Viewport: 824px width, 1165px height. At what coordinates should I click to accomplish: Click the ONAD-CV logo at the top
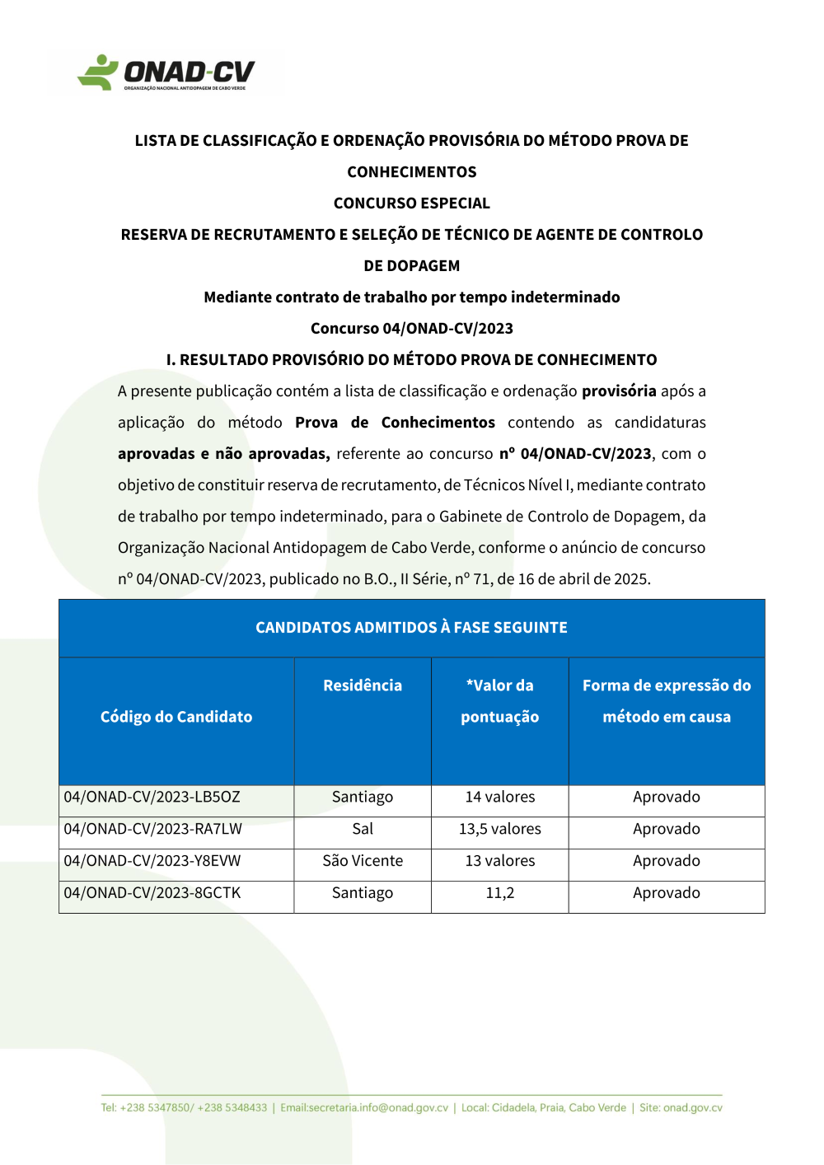166,73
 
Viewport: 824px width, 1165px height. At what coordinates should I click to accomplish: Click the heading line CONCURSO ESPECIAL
411,204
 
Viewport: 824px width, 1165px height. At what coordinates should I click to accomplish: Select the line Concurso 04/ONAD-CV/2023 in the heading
411,329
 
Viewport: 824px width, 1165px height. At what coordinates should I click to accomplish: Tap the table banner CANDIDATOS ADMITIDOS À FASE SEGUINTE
411,628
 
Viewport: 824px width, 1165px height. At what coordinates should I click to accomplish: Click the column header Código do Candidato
176,717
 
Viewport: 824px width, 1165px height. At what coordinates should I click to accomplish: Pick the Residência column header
363,685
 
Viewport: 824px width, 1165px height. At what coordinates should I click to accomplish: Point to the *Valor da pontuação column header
499,701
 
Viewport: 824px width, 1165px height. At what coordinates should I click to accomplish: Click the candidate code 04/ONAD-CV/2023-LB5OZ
152,798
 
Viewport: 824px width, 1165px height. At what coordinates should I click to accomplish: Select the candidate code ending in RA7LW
153,830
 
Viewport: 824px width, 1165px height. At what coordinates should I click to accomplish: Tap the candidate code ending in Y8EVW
152,861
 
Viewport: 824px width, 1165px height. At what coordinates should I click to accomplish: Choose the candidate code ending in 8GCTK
152,893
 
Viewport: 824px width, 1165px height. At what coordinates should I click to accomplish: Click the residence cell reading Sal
363,830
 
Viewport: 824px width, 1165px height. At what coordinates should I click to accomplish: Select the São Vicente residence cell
363,861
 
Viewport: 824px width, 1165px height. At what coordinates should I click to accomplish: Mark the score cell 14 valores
499,798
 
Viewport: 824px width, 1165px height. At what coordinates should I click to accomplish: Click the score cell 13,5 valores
499,830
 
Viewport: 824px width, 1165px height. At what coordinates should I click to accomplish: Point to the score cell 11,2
499,893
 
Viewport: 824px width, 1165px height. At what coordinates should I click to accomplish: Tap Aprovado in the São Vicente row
666,861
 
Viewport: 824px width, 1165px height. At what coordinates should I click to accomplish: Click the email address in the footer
364,1108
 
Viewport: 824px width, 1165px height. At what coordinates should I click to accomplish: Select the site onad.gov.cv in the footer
681,1108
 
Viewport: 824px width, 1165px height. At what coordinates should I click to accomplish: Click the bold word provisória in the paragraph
619,391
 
